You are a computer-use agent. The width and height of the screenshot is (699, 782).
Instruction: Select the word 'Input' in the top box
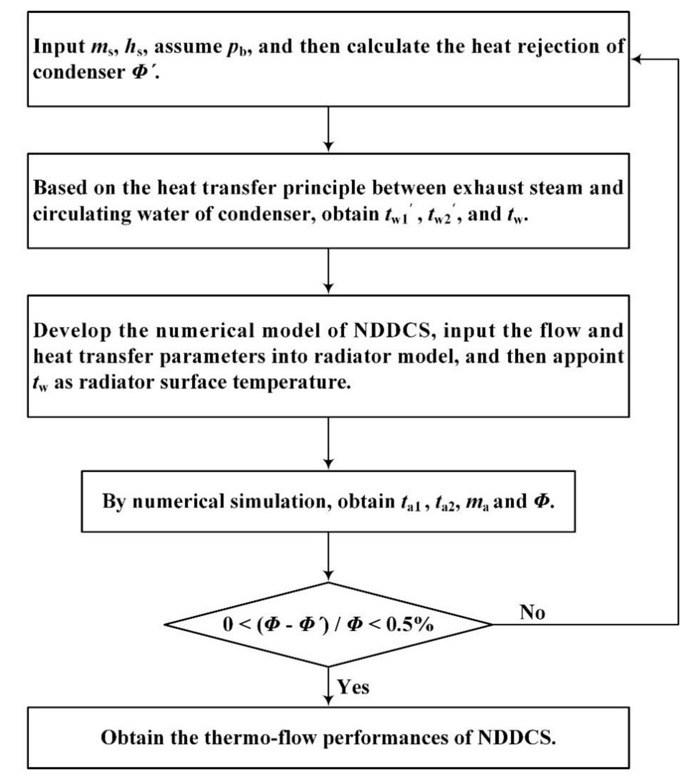58,47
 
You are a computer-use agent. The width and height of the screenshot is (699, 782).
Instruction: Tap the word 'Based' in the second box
60,188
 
